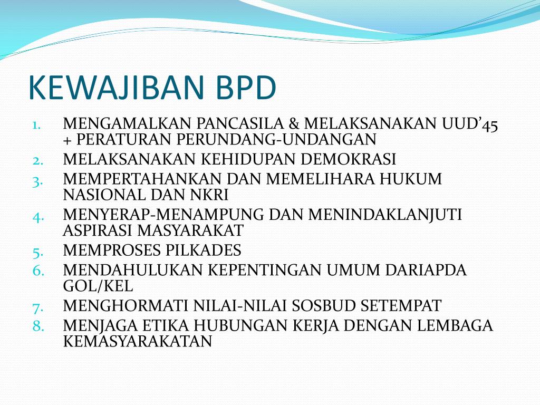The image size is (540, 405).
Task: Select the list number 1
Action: pos(36,125)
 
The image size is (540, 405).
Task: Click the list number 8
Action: pos(38,326)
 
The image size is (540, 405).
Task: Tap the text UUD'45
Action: pos(470,124)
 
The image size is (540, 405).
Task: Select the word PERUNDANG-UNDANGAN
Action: pos(276,139)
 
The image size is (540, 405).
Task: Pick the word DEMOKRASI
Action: pos(348,159)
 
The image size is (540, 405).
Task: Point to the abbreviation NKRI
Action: pos(209,195)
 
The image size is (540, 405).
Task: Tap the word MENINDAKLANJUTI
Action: pos(385,215)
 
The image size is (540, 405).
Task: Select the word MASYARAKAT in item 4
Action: pos(190,230)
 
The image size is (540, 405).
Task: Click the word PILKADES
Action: pos(203,250)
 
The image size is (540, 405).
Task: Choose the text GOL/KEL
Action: pos(98,286)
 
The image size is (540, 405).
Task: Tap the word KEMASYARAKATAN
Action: pos(138,341)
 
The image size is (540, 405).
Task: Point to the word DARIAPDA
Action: pos(426,271)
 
